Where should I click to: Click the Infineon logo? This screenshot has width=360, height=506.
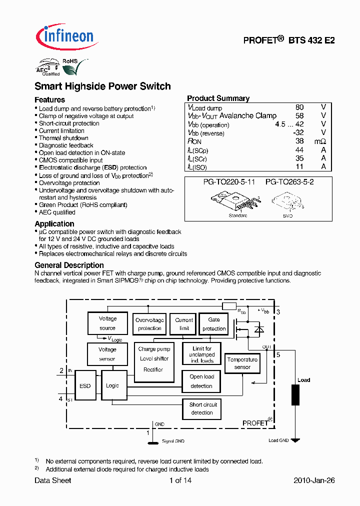pyautogui.click(x=64, y=36)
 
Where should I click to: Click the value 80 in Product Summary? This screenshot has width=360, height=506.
pyautogui.click(x=299, y=107)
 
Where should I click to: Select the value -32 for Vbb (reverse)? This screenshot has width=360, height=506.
pyautogui.click(x=298, y=133)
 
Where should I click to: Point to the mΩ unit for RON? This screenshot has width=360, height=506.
pyautogui.click(x=320, y=141)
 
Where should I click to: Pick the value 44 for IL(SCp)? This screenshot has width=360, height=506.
pyautogui.click(x=299, y=150)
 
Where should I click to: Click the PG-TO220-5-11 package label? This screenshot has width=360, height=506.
pyautogui.click(x=229, y=182)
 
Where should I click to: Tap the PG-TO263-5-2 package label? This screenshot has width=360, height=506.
pyautogui.click(x=289, y=182)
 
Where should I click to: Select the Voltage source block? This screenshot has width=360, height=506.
pyautogui.click(x=107, y=323)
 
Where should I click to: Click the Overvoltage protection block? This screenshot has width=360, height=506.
pyautogui.click(x=149, y=324)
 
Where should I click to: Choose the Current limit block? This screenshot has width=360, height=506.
pyautogui.click(x=184, y=324)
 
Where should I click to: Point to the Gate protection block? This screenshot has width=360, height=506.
pyautogui.click(x=214, y=323)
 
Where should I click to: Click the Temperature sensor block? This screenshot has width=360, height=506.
pyautogui.click(x=242, y=363)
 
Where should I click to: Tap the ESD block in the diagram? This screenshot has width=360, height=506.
pyautogui.click(x=85, y=386)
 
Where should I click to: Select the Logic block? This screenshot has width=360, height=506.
pyautogui.click(x=113, y=385)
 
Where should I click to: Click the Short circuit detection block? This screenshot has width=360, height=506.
pyautogui.click(x=202, y=408)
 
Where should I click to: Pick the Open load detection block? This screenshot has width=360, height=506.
pyautogui.click(x=201, y=381)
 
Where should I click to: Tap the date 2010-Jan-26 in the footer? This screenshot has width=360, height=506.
pyautogui.click(x=313, y=480)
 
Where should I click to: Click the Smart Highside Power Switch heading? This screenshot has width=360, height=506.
pyautogui.click(x=102, y=86)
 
